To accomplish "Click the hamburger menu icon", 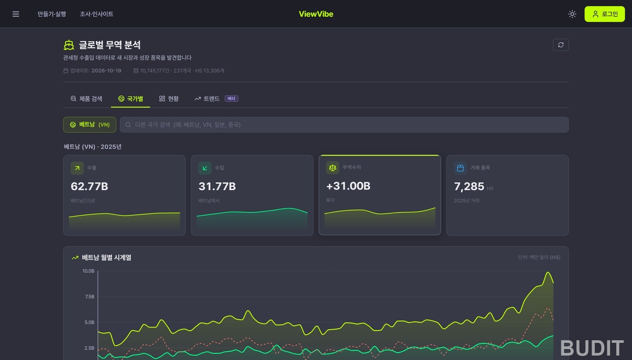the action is pos(16,14).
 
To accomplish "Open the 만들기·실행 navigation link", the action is pos(52,14).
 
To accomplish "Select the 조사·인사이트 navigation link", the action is pos(97,14).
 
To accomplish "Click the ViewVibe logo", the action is pos(316,14).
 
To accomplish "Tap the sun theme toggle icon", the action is pos(572,14).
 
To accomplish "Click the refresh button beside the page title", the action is pos(560,45).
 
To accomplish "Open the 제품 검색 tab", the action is pos(86,99).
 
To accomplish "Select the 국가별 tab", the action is pos(131,99).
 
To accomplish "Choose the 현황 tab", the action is pos(169,99).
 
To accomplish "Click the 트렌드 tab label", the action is pos(212,99).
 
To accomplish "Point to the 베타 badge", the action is pos(231,98).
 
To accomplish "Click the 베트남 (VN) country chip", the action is pos(90,125).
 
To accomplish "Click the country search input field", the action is pos(344,125).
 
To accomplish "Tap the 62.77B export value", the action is pos(90,186).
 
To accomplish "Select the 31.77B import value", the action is pos(217,186).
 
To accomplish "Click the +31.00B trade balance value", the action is pos(348,186).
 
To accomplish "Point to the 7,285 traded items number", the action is pos(469,186).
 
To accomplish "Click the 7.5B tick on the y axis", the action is pos(90,296).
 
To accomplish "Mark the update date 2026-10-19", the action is pos(106,71).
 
